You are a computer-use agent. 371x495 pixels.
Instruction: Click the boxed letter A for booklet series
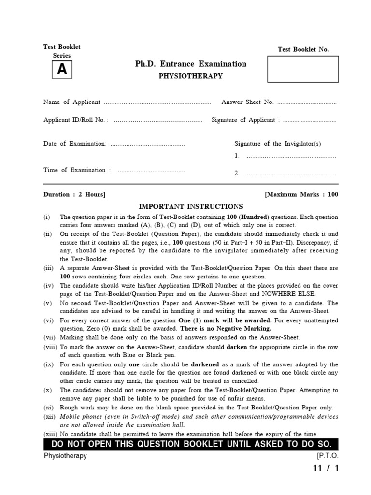(x=62, y=70)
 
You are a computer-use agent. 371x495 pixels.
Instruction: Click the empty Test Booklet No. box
(x=303, y=69)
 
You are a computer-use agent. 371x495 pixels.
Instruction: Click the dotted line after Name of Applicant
(x=157, y=102)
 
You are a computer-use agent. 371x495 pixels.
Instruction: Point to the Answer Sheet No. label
(x=247, y=102)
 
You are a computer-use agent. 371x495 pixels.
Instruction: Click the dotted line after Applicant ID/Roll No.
(x=158, y=120)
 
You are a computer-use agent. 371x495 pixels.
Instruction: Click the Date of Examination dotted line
(x=147, y=144)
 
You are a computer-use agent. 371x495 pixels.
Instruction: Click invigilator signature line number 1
(x=291, y=156)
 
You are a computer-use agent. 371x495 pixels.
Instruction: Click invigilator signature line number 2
(x=291, y=173)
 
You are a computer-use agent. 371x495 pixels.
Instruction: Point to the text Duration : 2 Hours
(x=74, y=194)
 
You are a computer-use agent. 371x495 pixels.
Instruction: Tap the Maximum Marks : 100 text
(x=301, y=194)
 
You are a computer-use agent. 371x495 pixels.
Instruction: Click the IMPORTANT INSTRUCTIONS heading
(x=191, y=206)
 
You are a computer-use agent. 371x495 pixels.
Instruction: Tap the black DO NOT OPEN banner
(x=191, y=444)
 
